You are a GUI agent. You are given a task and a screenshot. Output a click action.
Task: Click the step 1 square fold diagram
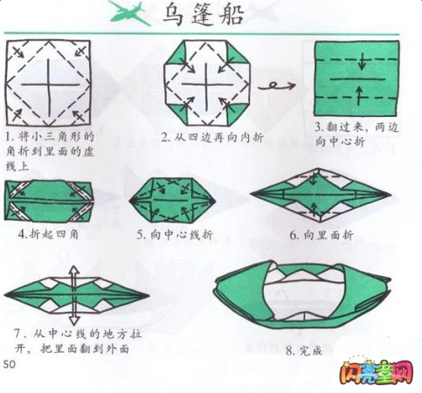(x=49, y=83)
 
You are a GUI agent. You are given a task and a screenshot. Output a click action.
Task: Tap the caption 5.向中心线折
(x=172, y=235)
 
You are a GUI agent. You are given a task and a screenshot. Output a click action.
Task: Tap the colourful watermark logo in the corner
(x=386, y=373)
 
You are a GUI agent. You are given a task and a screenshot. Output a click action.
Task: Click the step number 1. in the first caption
(x=9, y=137)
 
